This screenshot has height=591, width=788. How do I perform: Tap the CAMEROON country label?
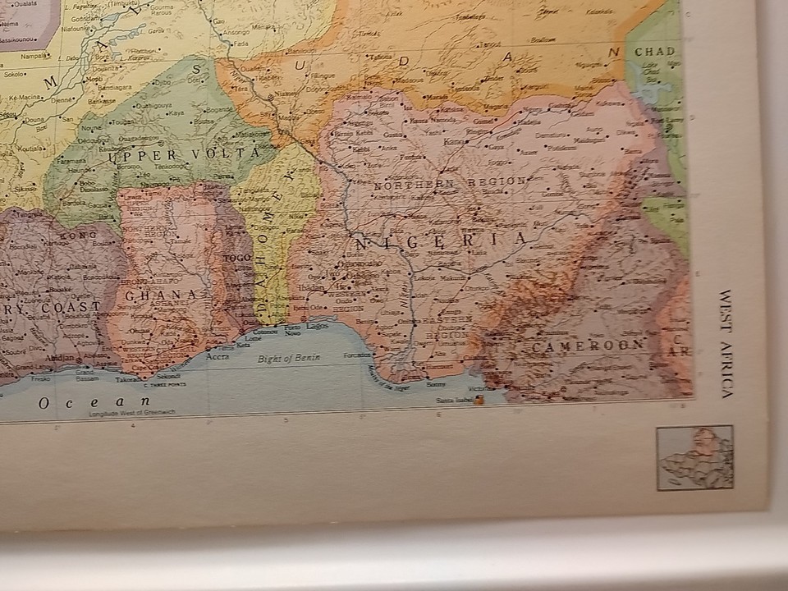point(586,346)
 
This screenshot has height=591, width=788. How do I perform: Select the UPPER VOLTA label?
point(180,153)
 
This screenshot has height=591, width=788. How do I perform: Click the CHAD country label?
point(653,51)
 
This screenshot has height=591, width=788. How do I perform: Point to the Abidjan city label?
point(65,359)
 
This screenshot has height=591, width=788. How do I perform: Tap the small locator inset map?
point(694,457)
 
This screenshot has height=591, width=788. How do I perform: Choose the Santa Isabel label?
point(454,400)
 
